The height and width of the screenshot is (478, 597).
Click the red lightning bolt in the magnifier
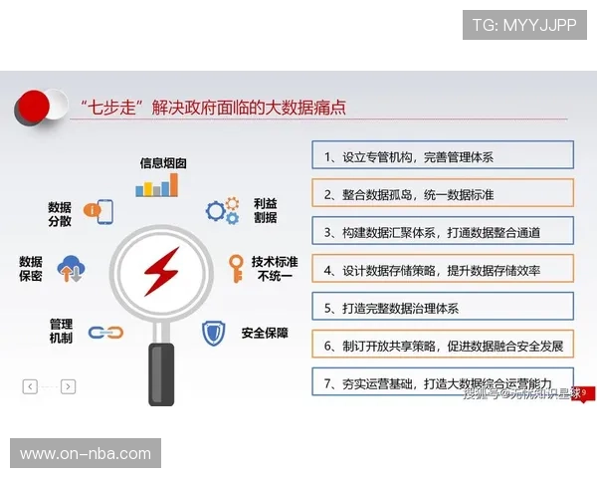tap(160, 271)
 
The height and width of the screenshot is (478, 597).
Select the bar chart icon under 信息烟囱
tap(157, 185)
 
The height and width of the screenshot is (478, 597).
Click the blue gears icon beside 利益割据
tap(222, 209)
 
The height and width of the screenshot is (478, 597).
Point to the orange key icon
tap(236, 268)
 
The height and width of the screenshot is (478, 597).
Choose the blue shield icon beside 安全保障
tap(214, 333)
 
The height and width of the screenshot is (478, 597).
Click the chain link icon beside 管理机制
tap(98, 333)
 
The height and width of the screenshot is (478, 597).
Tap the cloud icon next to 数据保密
tap(72, 268)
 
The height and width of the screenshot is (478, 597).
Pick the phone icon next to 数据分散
tap(98, 211)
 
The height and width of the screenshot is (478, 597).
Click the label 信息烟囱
tap(163, 162)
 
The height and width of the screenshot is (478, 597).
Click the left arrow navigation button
tap(30, 386)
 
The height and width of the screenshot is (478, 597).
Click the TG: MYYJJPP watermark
tap(524, 24)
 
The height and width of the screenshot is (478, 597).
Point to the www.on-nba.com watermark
tap(87, 454)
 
